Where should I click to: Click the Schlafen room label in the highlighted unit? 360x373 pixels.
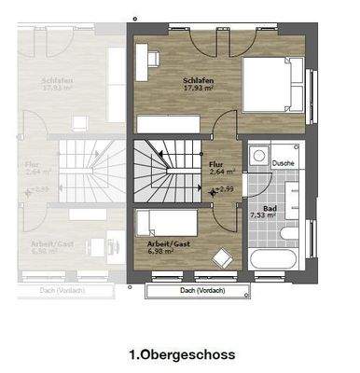199,81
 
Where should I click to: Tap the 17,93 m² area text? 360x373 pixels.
199,90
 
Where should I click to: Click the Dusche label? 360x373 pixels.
284,162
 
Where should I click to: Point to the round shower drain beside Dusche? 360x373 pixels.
261,158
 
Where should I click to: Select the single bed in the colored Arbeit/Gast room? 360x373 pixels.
167,221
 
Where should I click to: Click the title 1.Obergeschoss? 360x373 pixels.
181,354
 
